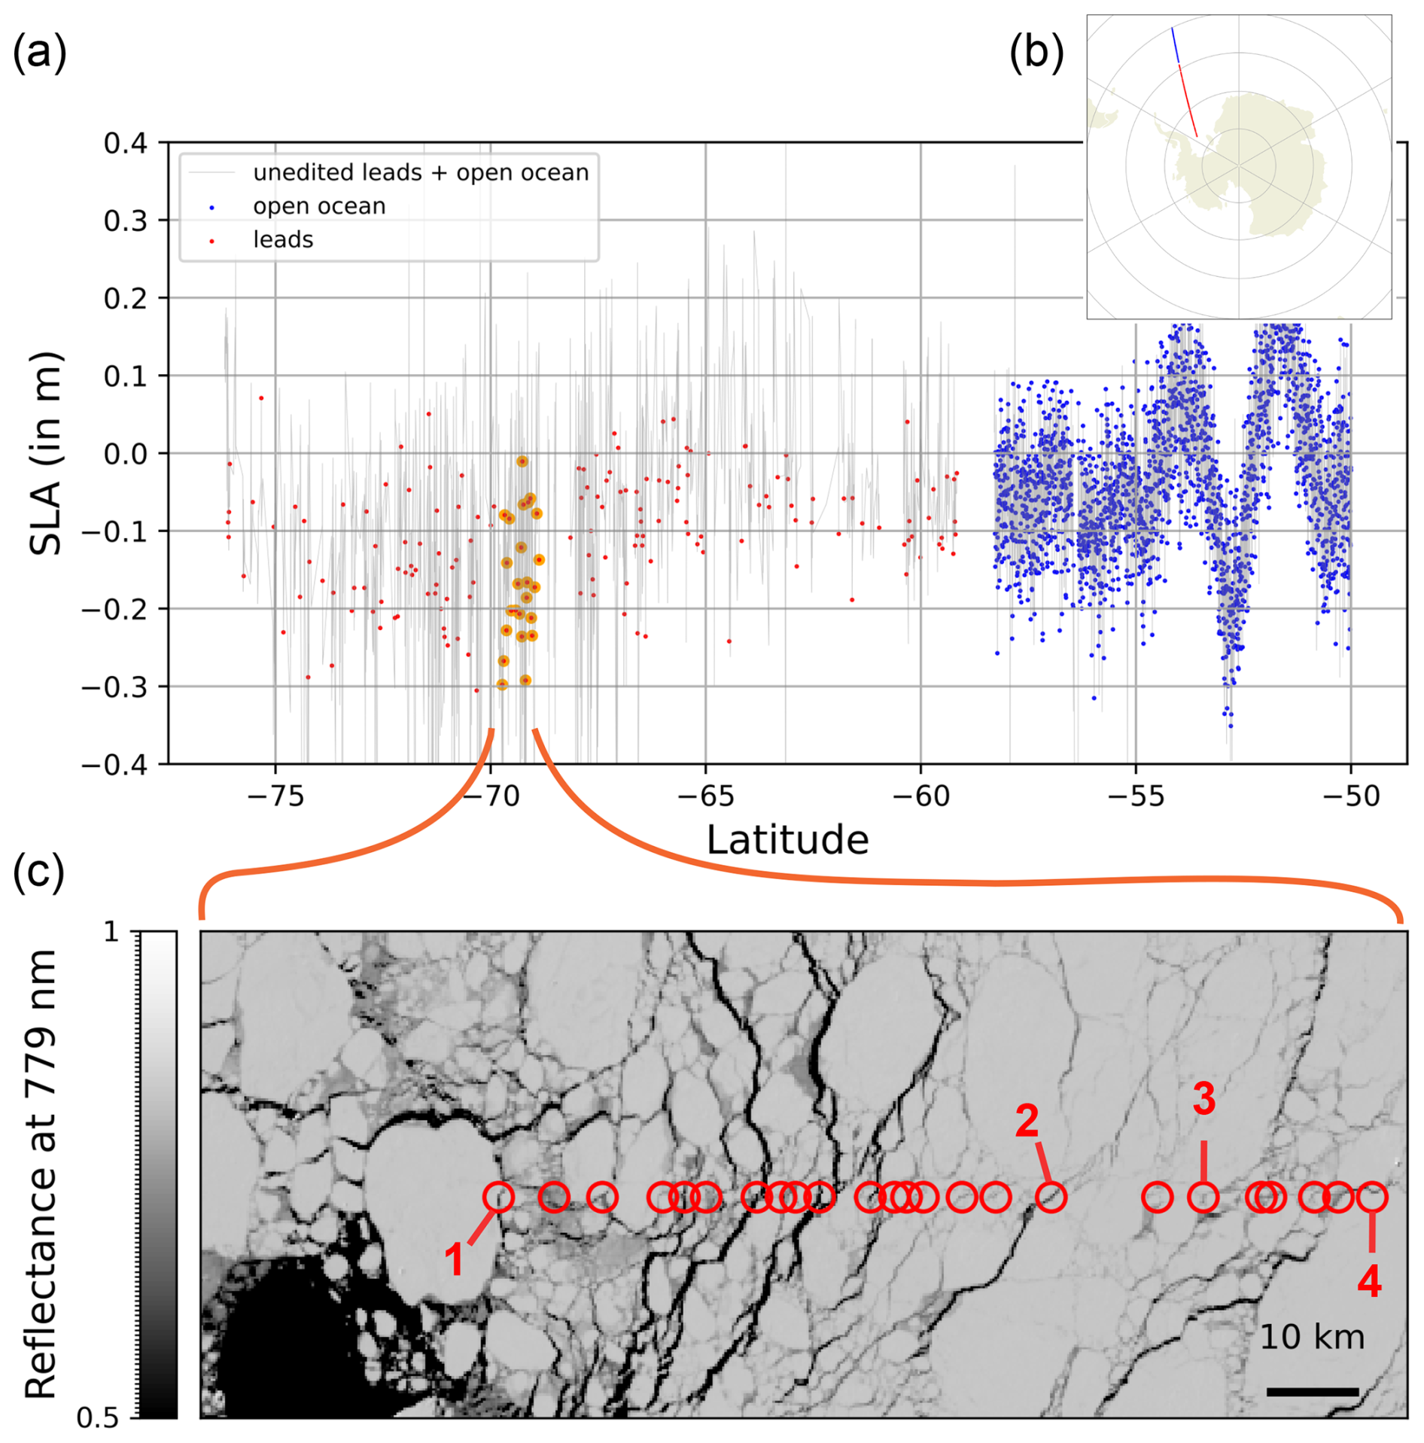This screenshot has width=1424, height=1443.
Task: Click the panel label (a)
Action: [40, 54]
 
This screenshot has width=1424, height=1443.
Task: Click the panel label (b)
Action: [1036, 54]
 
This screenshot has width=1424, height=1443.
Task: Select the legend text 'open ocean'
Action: [319, 206]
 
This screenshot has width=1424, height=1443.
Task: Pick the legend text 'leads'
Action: [283, 239]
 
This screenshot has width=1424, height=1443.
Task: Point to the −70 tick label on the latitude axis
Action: [491, 796]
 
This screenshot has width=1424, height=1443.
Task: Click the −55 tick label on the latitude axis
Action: [1136, 796]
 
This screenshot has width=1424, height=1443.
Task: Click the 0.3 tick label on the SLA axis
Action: [126, 221]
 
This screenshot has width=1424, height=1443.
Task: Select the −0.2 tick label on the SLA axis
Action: [114, 609]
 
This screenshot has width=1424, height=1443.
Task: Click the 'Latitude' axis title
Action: [787, 839]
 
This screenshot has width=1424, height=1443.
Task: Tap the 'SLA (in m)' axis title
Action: [45, 453]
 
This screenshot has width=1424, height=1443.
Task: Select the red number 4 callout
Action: [1369, 1281]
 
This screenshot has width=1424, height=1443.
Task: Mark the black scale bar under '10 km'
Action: [1313, 1391]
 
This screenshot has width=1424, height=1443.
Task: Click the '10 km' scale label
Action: [1312, 1337]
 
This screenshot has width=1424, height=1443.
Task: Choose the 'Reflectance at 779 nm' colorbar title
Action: [41, 1173]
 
